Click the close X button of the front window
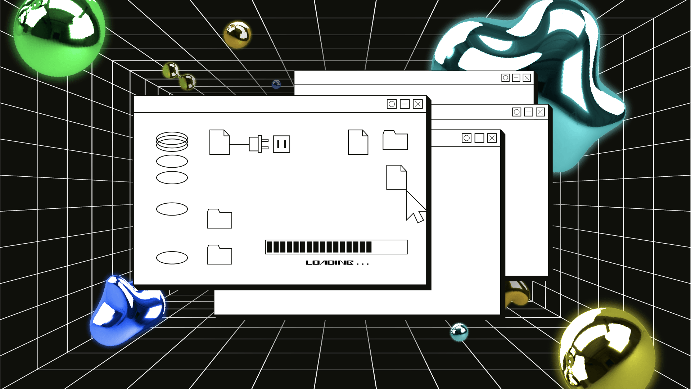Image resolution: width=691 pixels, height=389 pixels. pyautogui.click(x=417, y=104)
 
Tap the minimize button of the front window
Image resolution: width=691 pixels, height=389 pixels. pyautogui.click(x=405, y=104)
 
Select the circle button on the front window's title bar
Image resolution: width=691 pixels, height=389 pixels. pyautogui.click(x=392, y=104)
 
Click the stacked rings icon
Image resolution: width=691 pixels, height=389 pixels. pyautogui.click(x=172, y=141)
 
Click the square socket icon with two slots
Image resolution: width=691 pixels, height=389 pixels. pyautogui.click(x=281, y=144)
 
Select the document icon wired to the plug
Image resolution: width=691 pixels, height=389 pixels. pyautogui.click(x=219, y=143)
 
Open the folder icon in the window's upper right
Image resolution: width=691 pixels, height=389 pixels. pyautogui.click(x=395, y=140)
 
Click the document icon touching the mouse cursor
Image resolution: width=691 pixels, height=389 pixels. pyautogui.click(x=396, y=177)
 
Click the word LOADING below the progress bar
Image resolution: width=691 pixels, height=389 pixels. pyautogui.click(x=329, y=263)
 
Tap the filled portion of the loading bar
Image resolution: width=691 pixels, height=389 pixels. pyautogui.click(x=319, y=247)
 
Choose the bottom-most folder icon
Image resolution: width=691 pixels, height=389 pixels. pyautogui.click(x=219, y=255)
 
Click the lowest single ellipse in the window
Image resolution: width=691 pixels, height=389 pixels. pyautogui.click(x=172, y=258)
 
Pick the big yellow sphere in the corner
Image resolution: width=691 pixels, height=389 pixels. pyautogui.click(x=608, y=349)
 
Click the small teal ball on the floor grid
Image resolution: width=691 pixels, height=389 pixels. pyautogui.click(x=459, y=332)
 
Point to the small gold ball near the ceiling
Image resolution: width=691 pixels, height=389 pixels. pyautogui.click(x=237, y=34)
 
